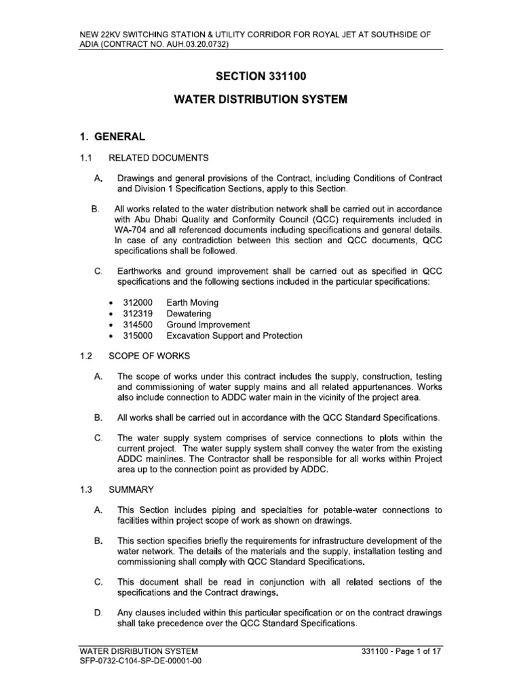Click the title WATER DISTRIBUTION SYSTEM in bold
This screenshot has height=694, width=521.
(x=260, y=100)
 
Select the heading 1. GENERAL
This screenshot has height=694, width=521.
(x=112, y=136)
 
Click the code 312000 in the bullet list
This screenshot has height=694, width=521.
(x=138, y=302)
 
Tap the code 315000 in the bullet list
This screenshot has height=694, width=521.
(x=138, y=335)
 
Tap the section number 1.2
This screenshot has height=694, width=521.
(x=85, y=356)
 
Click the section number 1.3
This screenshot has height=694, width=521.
(x=85, y=489)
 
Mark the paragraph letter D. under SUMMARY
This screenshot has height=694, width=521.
(x=98, y=613)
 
